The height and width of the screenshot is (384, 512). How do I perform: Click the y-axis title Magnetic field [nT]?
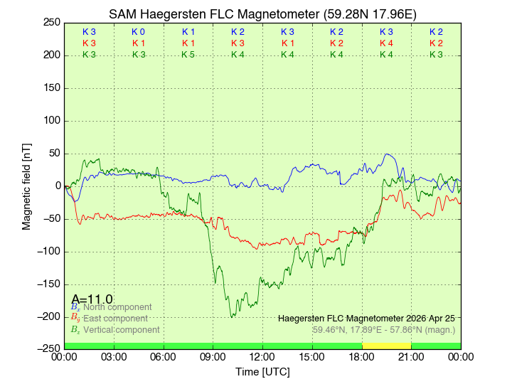coord(27,186)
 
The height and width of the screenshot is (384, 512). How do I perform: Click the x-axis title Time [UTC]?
coord(262,372)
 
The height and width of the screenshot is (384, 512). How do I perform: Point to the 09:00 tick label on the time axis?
coord(213,356)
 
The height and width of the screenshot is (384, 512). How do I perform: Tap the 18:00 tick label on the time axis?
coord(362,356)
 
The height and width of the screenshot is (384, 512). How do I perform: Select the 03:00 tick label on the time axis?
coord(114,356)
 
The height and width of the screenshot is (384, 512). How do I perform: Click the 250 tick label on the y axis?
coord(51,22)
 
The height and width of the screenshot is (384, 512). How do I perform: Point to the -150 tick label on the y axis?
coord(48,284)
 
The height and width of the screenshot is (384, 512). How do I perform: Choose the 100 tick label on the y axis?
coord(51,120)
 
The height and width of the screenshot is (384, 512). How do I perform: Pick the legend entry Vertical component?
coord(121,330)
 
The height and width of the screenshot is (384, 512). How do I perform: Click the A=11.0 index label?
coord(92,299)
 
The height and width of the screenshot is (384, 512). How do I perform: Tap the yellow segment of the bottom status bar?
coord(386,346)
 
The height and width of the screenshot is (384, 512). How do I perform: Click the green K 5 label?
coord(188,55)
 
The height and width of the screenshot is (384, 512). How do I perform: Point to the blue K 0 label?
coord(139,32)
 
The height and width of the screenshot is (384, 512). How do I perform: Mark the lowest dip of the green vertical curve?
coord(232,316)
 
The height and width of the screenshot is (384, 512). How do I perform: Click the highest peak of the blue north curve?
coord(387,154)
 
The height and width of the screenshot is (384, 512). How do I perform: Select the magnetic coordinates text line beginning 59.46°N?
coord(384,330)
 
